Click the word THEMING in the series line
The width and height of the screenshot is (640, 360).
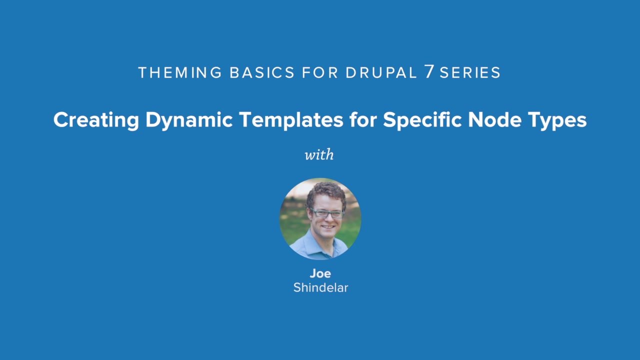click(180, 72)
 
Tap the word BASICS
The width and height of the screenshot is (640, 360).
click(262, 72)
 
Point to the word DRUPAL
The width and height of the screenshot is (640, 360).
click(381, 72)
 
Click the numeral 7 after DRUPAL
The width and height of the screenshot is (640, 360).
click(429, 71)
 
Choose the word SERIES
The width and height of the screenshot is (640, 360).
click(470, 72)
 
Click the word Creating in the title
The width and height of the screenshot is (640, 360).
click(96, 120)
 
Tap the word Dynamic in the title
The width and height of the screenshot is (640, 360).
click(189, 120)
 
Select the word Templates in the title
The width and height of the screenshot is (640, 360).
click(291, 120)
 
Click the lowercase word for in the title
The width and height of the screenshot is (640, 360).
click(363, 119)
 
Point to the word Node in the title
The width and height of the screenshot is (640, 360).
click(495, 119)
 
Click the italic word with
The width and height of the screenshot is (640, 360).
click(319, 154)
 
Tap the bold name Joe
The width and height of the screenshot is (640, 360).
click(320, 273)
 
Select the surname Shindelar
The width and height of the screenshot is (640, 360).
click(320, 287)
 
